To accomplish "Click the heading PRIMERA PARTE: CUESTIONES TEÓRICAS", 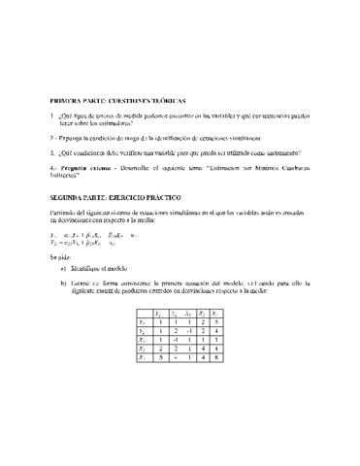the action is tap(117, 101).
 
